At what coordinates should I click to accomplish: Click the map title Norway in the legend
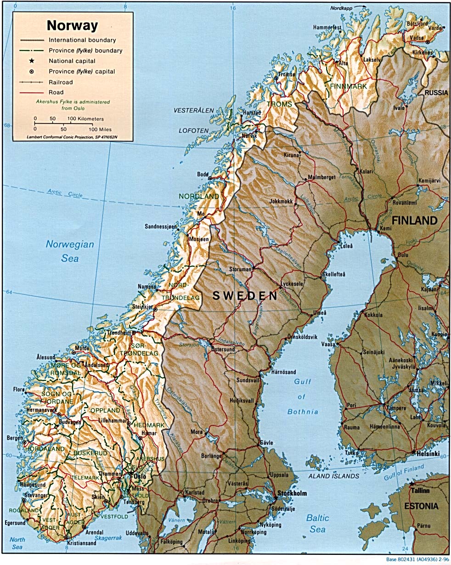click(73, 25)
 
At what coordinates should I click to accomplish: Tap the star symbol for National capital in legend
click(32, 61)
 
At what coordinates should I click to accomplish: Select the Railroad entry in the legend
click(61, 82)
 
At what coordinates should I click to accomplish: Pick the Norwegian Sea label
click(70, 251)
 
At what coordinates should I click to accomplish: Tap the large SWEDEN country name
click(245, 296)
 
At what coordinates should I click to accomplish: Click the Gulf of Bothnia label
click(303, 396)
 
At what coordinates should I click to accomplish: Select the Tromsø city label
click(287, 74)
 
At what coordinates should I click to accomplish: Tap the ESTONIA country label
click(421, 506)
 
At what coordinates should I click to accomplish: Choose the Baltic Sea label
click(318, 524)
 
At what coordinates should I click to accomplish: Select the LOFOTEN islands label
click(194, 131)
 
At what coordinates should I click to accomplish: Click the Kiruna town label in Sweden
click(291, 155)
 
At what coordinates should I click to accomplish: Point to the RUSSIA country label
click(436, 93)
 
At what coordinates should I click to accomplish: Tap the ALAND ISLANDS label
click(333, 476)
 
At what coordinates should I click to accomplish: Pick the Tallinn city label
click(420, 491)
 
